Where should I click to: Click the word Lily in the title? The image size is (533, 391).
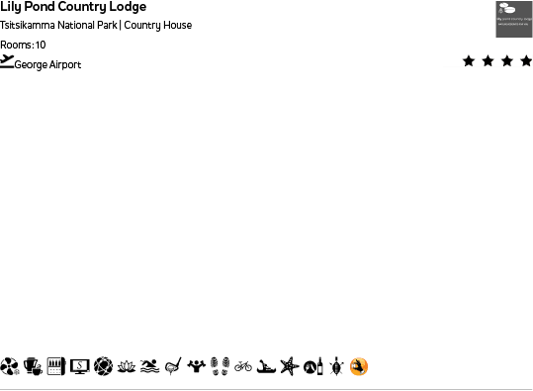click(11, 7)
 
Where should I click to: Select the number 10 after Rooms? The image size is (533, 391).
click(41, 45)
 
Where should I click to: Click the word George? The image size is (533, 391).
click(31, 64)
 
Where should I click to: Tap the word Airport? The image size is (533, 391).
click(65, 64)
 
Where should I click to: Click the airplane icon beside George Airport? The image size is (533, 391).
click(7, 61)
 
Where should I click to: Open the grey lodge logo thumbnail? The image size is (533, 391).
click(513, 19)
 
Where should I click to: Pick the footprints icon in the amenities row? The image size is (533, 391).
click(220, 366)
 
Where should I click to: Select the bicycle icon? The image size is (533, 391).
click(243, 366)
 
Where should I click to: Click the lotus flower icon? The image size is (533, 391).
click(127, 366)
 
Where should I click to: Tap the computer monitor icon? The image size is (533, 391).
click(80, 366)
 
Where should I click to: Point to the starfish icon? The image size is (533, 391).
click(289, 366)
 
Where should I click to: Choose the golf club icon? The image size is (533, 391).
click(173, 366)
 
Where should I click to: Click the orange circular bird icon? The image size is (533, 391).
click(359, 366)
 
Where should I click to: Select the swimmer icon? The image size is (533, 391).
click(149, 366)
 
